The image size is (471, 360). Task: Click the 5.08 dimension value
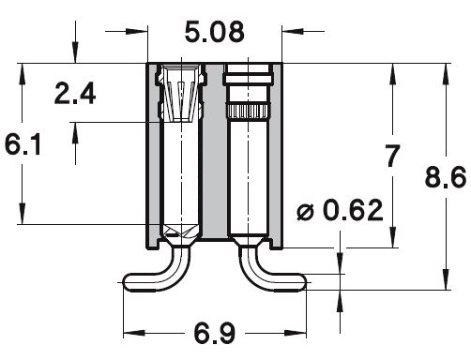coord(214,32)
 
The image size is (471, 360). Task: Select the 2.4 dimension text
coord(75,94)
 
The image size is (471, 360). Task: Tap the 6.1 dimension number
coord(23,144)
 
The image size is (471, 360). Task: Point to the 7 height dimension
coord(393,156)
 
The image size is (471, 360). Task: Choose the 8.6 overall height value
coord(446,177)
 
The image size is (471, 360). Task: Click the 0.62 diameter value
coord(353,210)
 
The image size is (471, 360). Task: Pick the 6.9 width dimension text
coord(215,333)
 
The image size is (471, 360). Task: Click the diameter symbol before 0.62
coord(305,212)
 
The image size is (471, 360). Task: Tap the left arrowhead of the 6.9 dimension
coord(134,333)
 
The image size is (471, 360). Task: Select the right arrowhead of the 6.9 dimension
coord(295,333)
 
